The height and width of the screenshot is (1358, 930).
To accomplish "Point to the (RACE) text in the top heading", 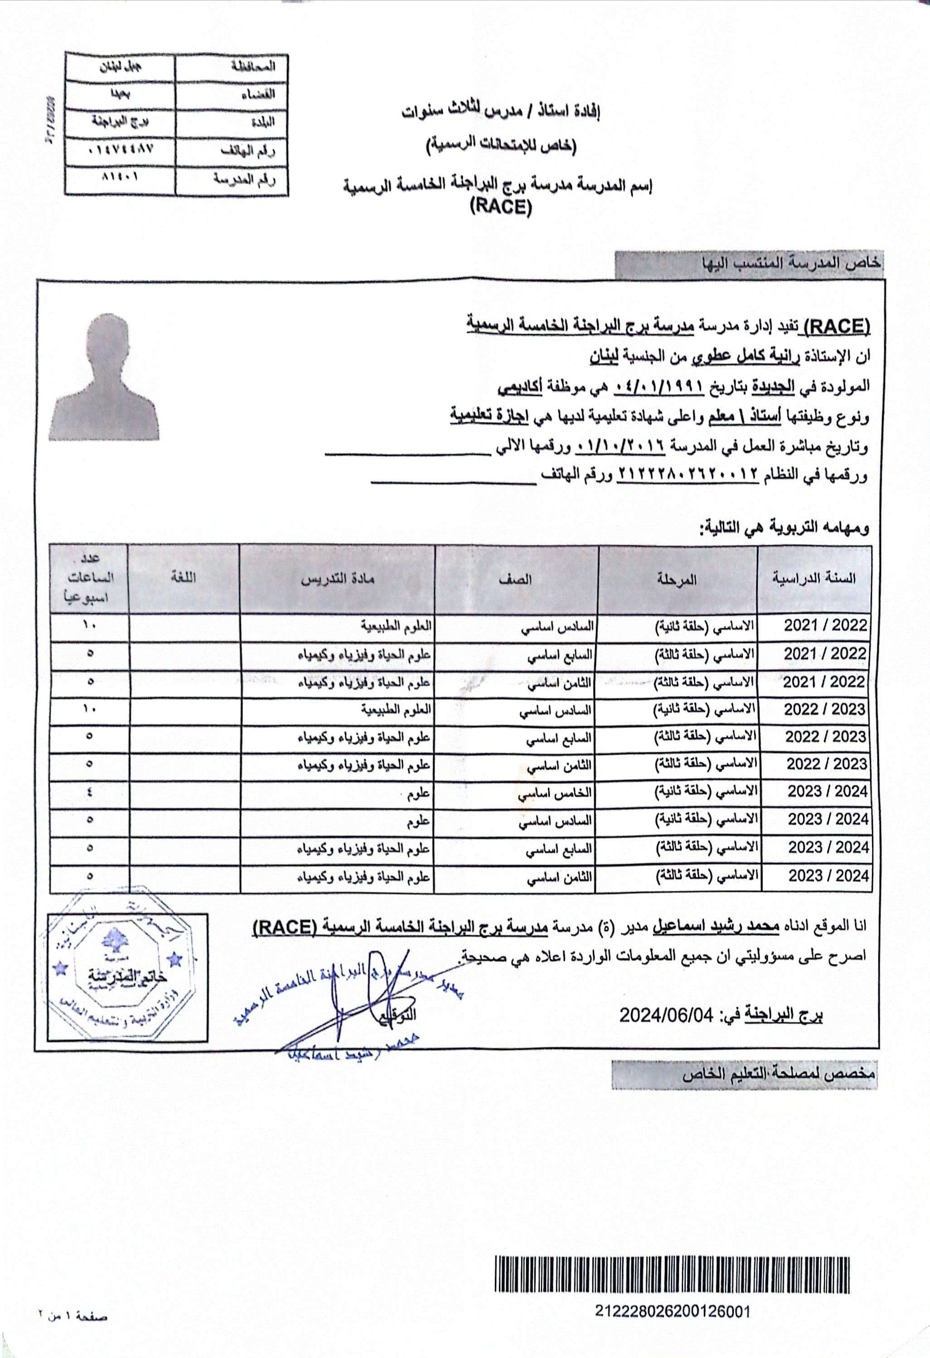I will point(501,208).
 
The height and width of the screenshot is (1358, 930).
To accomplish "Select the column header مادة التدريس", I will point(337,579).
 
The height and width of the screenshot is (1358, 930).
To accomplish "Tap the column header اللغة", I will point(184,578).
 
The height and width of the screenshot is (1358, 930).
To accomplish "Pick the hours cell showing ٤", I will point(89,793).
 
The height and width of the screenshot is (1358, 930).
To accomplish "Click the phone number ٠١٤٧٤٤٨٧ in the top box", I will point(123,150).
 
